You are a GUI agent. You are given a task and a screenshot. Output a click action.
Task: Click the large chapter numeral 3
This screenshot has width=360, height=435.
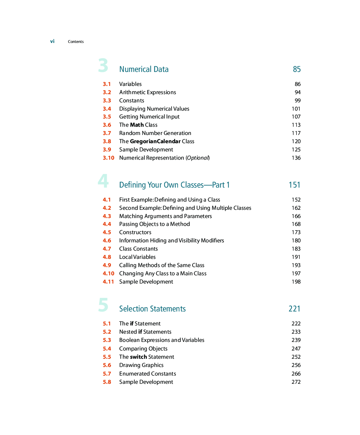coord(103,66)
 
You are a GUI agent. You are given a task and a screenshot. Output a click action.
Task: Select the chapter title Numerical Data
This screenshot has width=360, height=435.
coord(144,69)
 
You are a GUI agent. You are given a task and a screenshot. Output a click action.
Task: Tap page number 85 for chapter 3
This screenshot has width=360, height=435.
coord(297,69)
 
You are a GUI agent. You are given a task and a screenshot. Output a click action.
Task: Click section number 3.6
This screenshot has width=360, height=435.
coord(107,125)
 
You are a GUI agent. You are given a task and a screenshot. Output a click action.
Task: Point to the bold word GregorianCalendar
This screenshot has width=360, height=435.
coord(155,141)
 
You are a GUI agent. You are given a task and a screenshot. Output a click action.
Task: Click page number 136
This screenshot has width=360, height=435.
coord(296,158)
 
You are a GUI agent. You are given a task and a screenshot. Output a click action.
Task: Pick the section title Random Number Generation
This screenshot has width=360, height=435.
coord(155,133)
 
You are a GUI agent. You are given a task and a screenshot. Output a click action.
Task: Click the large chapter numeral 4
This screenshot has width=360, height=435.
coord(103,181)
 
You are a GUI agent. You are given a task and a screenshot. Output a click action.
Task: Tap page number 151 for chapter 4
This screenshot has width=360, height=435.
coord(294,185)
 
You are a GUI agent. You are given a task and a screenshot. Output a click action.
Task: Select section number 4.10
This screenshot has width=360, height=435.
coord(108,274)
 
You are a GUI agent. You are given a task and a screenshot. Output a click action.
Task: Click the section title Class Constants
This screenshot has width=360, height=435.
coord(138,249)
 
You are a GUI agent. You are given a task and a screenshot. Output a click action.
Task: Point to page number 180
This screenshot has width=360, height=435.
coord(296,241)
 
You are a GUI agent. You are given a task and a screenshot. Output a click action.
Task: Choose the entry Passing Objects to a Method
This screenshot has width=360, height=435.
coord(154,224)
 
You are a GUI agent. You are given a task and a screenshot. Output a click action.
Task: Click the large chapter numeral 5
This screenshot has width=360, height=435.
coord(103,305)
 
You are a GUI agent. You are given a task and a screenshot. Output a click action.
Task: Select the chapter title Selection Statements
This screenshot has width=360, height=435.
coord(152,309)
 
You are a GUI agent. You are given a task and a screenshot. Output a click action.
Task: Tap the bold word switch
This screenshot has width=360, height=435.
coord(138,357)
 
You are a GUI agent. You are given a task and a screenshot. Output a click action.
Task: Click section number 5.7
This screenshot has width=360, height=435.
coord(107,374)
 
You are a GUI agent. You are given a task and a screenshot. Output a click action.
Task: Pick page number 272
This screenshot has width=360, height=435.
coord(296,382)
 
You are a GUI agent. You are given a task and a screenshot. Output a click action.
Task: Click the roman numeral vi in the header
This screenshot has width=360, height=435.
coord(52,42)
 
